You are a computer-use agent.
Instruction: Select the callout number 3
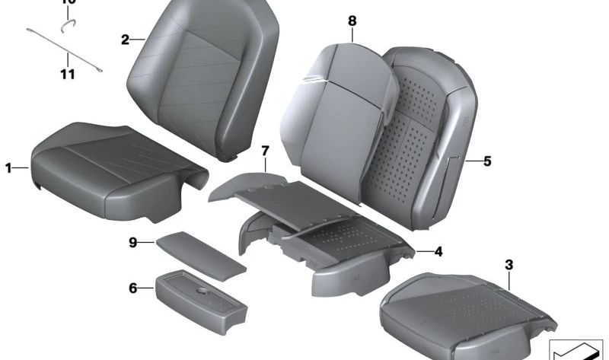tap(509, 265)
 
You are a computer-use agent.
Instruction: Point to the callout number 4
tap(438, 251)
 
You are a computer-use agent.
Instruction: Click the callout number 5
tap(487, 161)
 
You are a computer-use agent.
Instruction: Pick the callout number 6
tap(132, 288)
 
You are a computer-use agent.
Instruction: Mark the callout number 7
tap(264, 151)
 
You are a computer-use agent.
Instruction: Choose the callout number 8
tap(352, 21)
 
